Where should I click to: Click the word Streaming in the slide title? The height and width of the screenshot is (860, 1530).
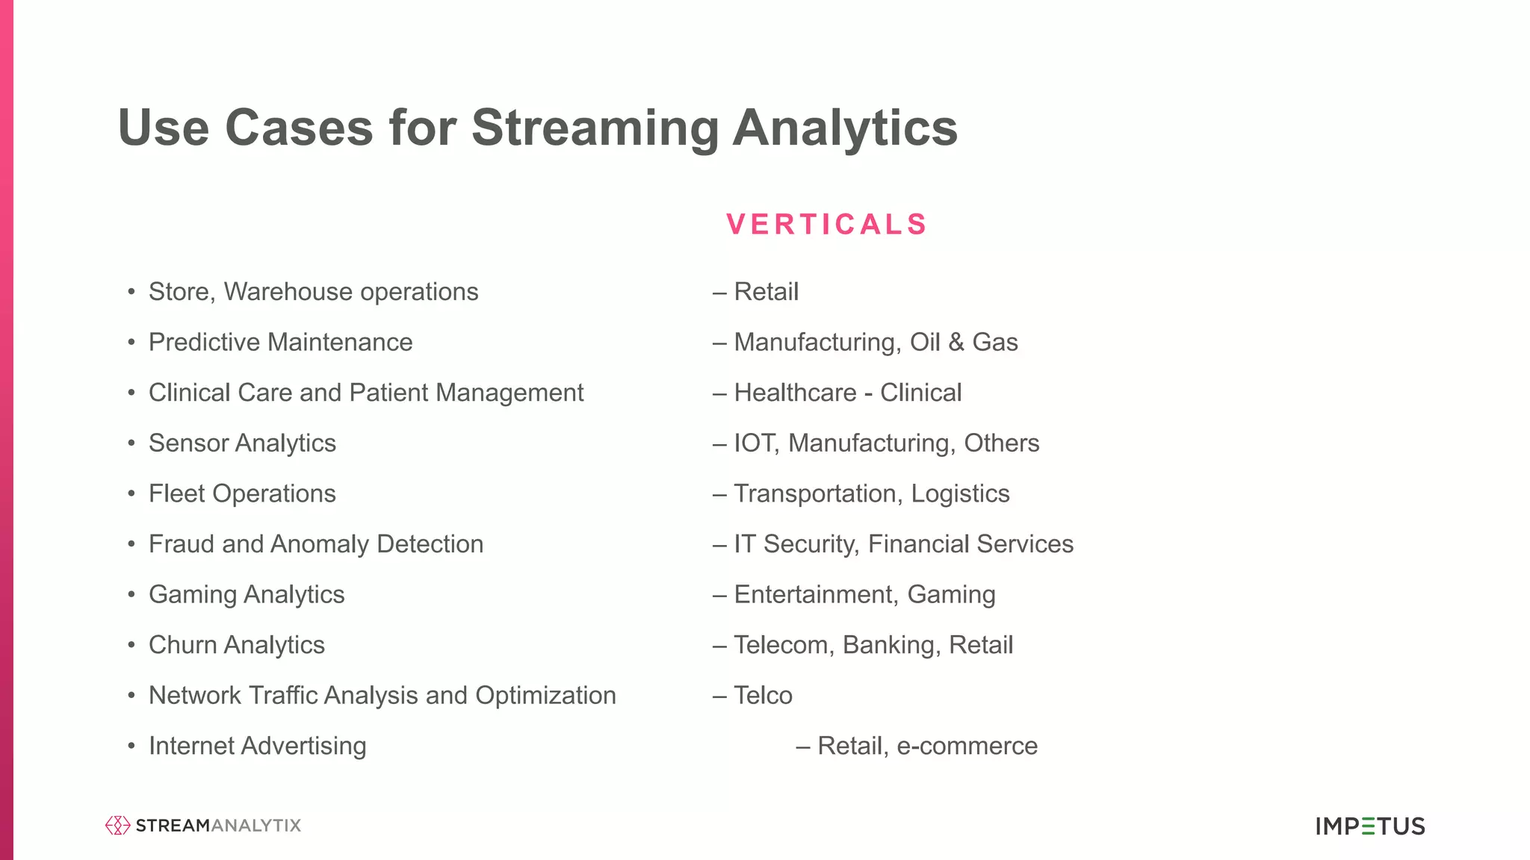594,128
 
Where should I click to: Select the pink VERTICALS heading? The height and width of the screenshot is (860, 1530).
826,224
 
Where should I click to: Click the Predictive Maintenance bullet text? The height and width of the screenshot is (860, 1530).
280,343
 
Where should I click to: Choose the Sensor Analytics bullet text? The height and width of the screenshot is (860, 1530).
242,443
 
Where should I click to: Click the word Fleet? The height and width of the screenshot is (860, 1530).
176,493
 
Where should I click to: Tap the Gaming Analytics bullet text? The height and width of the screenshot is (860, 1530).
247,595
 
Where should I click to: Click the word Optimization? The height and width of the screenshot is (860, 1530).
545,696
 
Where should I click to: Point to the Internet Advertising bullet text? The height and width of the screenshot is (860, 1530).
257,746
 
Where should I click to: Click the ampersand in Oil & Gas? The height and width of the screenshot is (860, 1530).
956,343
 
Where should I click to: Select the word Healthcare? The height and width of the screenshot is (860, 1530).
795,393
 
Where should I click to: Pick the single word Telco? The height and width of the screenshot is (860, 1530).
763,696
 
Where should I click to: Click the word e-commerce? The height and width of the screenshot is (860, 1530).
967,746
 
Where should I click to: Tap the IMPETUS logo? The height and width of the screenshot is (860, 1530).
1370,826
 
